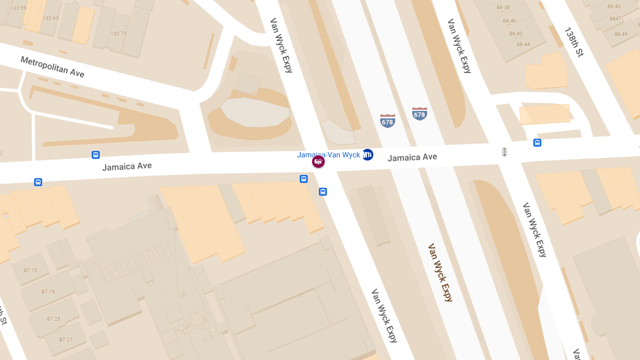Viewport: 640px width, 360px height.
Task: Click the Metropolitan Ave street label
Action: tap(52, 67)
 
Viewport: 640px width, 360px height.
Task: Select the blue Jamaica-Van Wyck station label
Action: tap(329, 155)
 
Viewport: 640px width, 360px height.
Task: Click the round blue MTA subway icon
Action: tap(367, 155)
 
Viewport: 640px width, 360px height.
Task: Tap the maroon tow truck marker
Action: tap(318, 162)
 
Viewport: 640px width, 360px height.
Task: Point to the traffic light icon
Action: tap(504, 152)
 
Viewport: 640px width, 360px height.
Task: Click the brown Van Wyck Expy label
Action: tap(440, 273)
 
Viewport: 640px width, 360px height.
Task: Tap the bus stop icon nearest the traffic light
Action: tap(537, 142)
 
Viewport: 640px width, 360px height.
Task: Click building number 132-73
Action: tap(118, 34)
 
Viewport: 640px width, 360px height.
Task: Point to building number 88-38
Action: tap(502, 7)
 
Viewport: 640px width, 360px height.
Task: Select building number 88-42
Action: tap(516, 34)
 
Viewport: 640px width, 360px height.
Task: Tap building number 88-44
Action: tap(523, 44)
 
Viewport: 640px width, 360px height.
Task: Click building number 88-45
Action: tap(614, 6)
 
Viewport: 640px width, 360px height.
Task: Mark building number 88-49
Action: tap(621, 34)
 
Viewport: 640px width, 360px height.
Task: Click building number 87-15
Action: tap(31, 270)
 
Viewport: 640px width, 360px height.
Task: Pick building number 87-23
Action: tap(53, 319)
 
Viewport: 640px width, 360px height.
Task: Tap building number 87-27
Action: tap(66, 340)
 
